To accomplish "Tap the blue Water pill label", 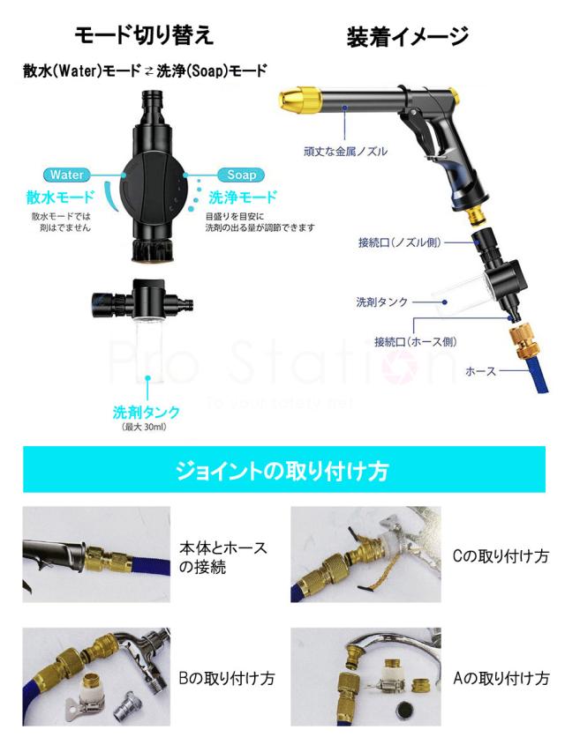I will point(68,175).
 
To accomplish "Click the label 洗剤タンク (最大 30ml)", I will point(146,418).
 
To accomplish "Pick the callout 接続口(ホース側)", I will point(414,341).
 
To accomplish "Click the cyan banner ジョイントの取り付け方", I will point(282,470).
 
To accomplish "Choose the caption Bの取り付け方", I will point(225,678).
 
